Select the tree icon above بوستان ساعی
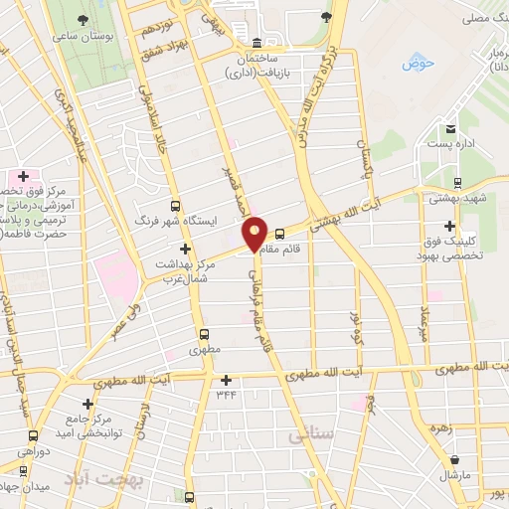(82, 20)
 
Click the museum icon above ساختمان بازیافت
(256, 43)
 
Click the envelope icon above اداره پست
(450, 129)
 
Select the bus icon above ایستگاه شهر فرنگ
(175, 206)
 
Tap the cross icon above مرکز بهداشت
(184, 249)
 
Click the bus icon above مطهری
(204, 334)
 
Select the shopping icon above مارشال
(455, 460)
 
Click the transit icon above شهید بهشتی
(456, 182)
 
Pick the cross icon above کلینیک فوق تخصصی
(450, 226)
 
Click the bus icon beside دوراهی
(34, 435)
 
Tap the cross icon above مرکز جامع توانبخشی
(88, 404)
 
